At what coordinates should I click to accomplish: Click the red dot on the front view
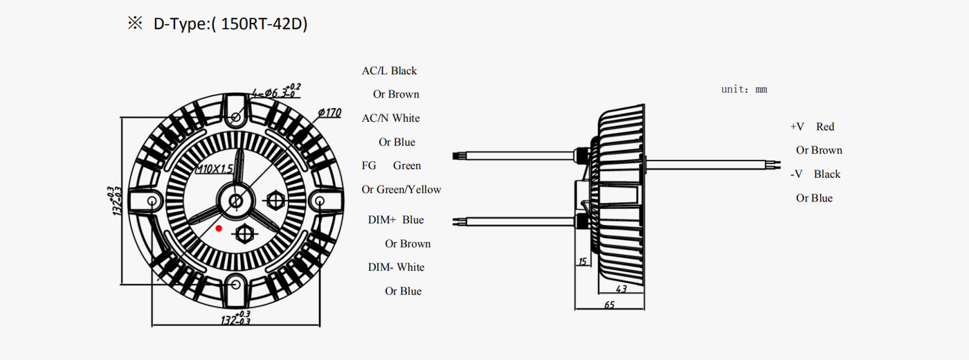[x=219, y=228]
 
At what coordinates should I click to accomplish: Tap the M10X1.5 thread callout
[x=214, y=168]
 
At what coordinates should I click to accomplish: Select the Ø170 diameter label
[x=329, y=113]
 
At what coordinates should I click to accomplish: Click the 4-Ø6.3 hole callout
[x=276, y=91]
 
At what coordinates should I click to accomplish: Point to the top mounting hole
[x=236, y=117]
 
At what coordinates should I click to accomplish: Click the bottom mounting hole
[x=236, y=285]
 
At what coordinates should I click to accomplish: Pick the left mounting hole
[x=152, y=201]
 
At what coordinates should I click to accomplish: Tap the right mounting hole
[x=320, y=201]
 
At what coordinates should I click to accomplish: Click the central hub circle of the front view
[x=236, y=201]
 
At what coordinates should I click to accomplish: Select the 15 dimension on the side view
[x=582, y=262]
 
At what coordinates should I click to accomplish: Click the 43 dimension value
[x=622, y=288]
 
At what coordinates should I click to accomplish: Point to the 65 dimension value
[x=610, y=305]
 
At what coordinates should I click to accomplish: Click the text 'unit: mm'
[x=744, y=89]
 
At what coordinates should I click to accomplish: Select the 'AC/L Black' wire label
[x=389, y=71]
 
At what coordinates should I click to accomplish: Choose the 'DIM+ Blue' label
[x=396, y=220]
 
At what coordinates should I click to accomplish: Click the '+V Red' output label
[x=812, y=126]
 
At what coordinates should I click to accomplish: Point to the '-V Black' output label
[x=815, y=174]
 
